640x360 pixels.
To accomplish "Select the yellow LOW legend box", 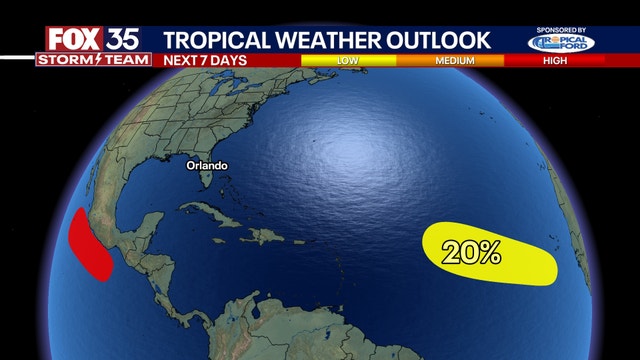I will click(x=348, y=60).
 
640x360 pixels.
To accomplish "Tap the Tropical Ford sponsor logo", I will click(x=561, y=44).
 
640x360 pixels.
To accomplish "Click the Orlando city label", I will click(x=206, y=165).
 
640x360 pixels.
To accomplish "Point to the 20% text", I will click(x=474, y=253).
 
